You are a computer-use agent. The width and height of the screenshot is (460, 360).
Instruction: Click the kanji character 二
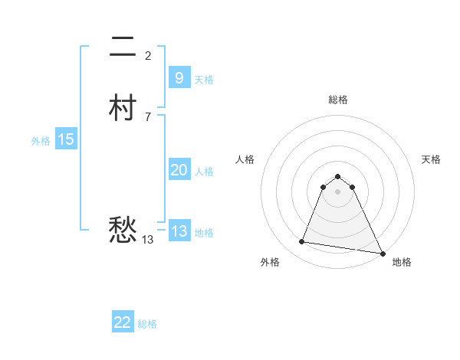pos(123,49)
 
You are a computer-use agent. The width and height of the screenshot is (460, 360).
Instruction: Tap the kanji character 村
pos(123,108)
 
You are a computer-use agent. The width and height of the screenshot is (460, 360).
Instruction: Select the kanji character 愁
pos(123,229)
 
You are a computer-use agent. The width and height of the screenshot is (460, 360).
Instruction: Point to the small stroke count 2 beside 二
pos(148,55)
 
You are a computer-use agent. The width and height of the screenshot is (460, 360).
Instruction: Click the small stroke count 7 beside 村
pos(148,116)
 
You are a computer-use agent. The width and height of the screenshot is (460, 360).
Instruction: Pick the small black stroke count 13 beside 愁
pos(148,240)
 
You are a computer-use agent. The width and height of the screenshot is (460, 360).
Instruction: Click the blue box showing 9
pos(179,77)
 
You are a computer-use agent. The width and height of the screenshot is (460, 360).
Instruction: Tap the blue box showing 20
pos(179,170)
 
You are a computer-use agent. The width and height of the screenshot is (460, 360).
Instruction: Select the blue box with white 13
pos(179,231)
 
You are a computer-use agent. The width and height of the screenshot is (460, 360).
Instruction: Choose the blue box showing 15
pos(66,139)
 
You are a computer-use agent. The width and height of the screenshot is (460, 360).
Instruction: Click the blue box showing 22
pos(123,322)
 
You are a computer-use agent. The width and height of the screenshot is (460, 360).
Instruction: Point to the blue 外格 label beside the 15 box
pos(41,141)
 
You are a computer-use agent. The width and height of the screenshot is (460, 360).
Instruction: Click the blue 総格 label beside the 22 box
pos(147,324)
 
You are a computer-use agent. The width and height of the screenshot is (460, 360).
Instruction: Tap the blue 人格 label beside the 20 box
pos(205,172)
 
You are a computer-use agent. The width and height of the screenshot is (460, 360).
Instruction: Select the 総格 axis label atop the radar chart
pos(338,100)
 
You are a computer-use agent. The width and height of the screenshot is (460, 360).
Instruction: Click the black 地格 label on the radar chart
pos(402,262)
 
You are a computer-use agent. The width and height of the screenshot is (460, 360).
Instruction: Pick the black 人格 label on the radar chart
pos(245,159)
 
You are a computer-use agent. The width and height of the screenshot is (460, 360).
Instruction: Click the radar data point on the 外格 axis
pos(302,242)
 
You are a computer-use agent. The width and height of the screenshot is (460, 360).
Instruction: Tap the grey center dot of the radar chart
pos(338,191)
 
